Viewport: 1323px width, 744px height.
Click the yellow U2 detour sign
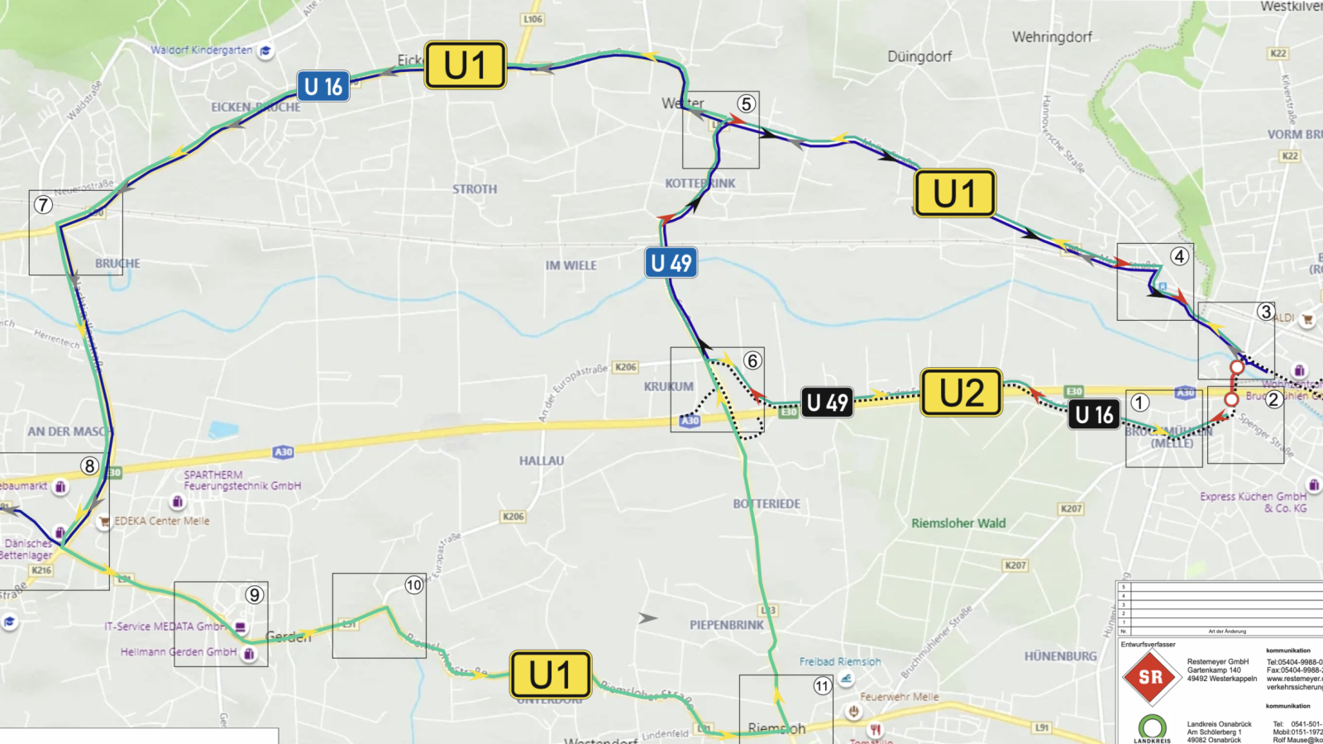(961, 393)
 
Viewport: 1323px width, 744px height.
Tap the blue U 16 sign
(323, 86)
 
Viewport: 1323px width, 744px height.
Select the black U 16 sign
(1094, 414)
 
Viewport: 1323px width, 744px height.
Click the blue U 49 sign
(671, 263)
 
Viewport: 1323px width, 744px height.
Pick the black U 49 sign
(827, 403)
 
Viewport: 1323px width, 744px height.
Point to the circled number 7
(43, 204)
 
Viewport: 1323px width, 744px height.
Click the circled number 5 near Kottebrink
(746, 104)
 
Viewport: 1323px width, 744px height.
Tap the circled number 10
(413, 586)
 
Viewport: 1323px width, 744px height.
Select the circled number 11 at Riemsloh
(822, 686)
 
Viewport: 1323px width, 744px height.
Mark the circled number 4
(1180, 256)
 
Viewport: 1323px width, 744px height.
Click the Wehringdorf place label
(1052, 37)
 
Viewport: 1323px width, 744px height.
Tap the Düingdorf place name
(919, 57)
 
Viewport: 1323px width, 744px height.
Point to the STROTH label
(475, 189)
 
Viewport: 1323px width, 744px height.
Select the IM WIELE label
(571, 265)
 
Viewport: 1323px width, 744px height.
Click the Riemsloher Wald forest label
(958, 523)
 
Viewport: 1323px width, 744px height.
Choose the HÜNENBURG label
(1060, 656)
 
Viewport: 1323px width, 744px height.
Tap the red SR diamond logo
(1150, 677)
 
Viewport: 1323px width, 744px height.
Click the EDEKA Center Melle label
(162, 521)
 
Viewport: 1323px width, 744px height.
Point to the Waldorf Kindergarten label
(202, 50)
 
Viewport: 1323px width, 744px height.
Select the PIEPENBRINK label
(727, 625)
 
